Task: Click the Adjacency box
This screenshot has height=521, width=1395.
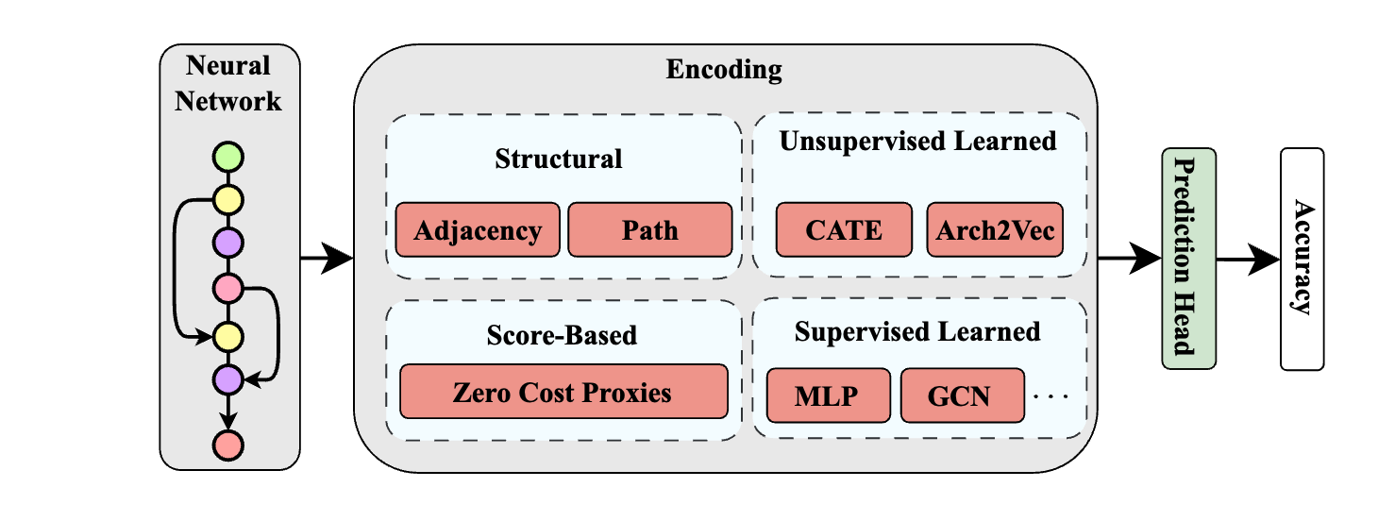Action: click(478, 229)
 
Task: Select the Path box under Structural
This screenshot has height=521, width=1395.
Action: click(649, 229)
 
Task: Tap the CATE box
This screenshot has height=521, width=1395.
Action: click(844, 229)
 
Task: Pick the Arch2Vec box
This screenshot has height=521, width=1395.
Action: click(995, 229)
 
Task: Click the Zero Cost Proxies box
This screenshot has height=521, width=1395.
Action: click(563, 392)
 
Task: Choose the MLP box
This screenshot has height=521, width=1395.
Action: click(829, 395)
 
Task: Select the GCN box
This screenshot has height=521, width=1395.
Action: click(962, 395)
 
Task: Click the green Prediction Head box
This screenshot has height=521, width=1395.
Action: click(1189, 259)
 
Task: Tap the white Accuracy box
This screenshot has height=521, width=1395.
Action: click(1303, 259)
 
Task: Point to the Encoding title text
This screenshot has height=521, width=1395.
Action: click(724, 70)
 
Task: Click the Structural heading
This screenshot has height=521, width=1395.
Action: click(559, 159)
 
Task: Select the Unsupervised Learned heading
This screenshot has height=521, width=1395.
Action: click(918, 142)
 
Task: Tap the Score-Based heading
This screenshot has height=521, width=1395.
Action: click(562, 335)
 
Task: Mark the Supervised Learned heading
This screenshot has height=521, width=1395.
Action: click(917, 332)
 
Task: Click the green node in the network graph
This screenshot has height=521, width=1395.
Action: click(227, 157)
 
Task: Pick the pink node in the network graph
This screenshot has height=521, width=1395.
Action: click(227, 289)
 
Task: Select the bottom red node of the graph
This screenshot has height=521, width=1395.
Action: click(227, 445)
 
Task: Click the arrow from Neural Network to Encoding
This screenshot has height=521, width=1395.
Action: click(327, 259)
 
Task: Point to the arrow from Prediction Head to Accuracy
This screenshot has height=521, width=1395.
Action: click(1248, 259)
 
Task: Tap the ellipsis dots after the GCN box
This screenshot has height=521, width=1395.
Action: click(1050, 395)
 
